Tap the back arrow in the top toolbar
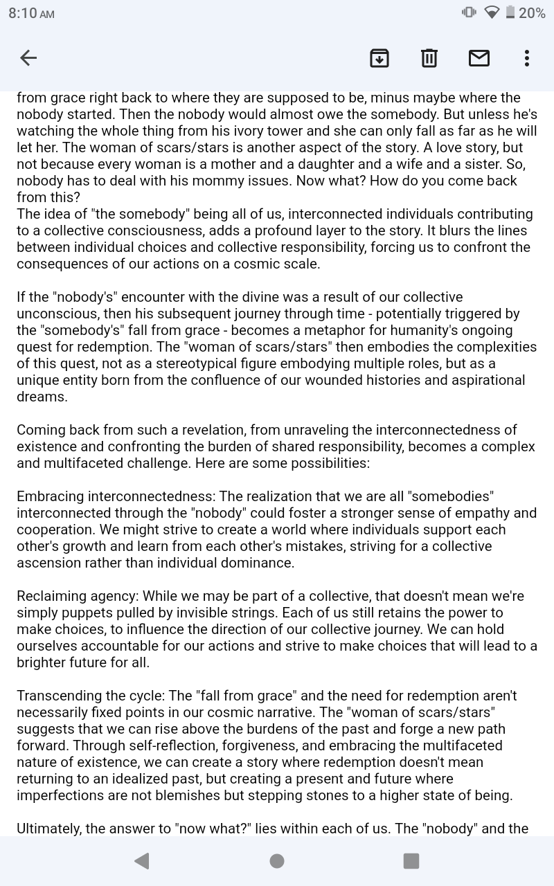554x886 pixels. [28, 58]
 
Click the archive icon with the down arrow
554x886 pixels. [379, 58]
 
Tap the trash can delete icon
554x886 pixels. [429, 58]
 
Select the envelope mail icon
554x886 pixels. [479, 58]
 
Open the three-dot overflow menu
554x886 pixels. [527, 58]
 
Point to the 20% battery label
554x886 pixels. [532, 13]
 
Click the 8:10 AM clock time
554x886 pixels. [31, 13]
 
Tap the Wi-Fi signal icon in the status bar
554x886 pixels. [492, 12]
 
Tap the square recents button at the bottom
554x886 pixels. [411, 860]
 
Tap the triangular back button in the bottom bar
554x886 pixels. [142, 860]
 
